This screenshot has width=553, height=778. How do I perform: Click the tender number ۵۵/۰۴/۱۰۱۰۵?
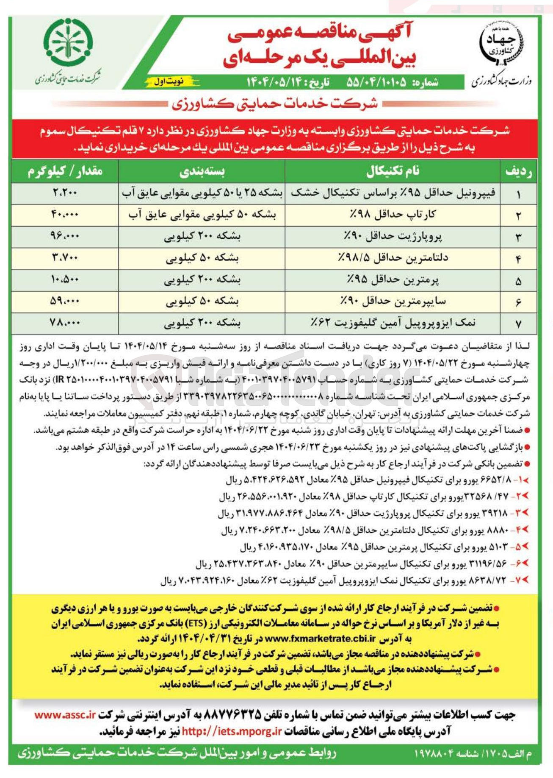[x=376, y=82]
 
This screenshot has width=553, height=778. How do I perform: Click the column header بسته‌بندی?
[x=202, y=171]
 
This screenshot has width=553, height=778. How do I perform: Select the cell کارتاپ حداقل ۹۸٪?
[x=393, y=215]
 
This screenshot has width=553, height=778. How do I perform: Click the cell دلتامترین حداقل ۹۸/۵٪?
[x=393, y=258]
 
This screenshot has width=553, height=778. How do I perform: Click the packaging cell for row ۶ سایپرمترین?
[x=202, y=301]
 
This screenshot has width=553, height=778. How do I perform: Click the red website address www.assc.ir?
[x=65, y=715]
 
